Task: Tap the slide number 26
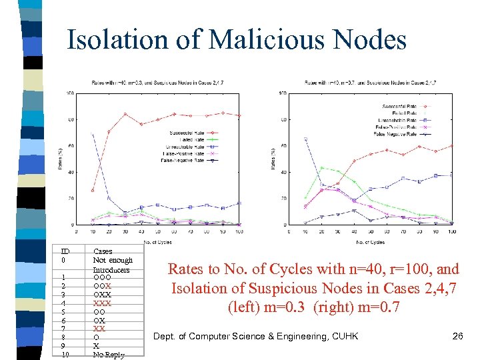tap(457, 335)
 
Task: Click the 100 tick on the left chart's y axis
tap(70, 93)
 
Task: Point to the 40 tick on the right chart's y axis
tap(283, 172)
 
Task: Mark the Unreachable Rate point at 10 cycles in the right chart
tap(305, 139)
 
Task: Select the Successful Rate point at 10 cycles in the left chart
tap(92, 191)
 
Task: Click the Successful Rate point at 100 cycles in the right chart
tap(451, 146)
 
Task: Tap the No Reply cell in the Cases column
tap(108, 354)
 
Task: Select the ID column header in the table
tap(64, 251)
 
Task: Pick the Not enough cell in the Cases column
tap(113, 260)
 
